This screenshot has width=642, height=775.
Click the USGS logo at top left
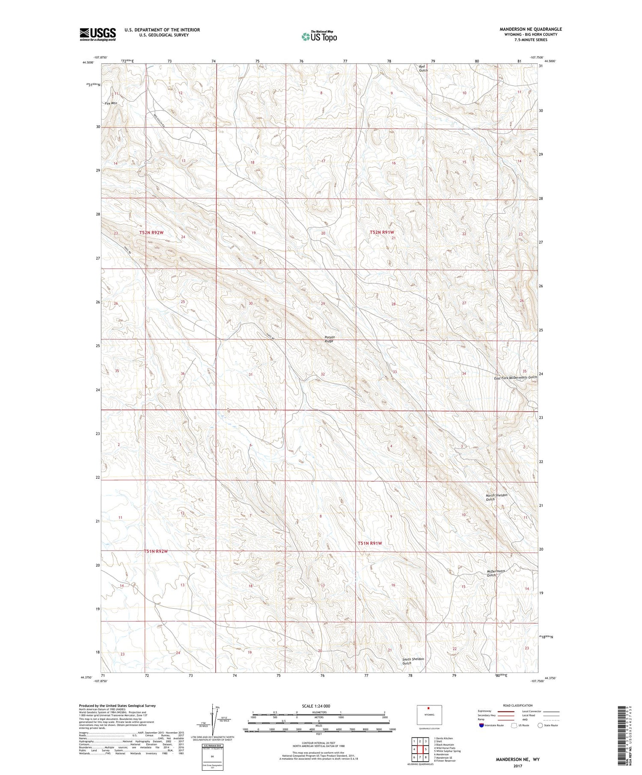tap(98, 34)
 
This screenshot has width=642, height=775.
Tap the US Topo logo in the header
tap(319, 37)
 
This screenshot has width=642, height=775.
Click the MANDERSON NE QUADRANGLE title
tap(531, 29)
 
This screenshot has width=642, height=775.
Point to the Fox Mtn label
tap(111, 103)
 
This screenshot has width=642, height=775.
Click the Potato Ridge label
tap(329, 339)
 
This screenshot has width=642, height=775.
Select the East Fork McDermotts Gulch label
tap(515, 377)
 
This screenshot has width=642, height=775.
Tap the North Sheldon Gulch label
tap(496, 497)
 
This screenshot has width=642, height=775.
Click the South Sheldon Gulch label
tap(413, 661)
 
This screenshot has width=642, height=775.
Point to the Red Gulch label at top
tap(423, 68)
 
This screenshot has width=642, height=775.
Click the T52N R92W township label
tap(152, 233)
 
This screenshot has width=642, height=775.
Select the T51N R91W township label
tap(369, 543)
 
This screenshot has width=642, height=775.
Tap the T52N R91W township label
tap(381, 232)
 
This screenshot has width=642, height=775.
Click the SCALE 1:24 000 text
tap(316, 706)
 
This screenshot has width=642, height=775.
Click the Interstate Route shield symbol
tap(481, 725)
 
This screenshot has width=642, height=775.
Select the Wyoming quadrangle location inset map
tap(429, 715)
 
